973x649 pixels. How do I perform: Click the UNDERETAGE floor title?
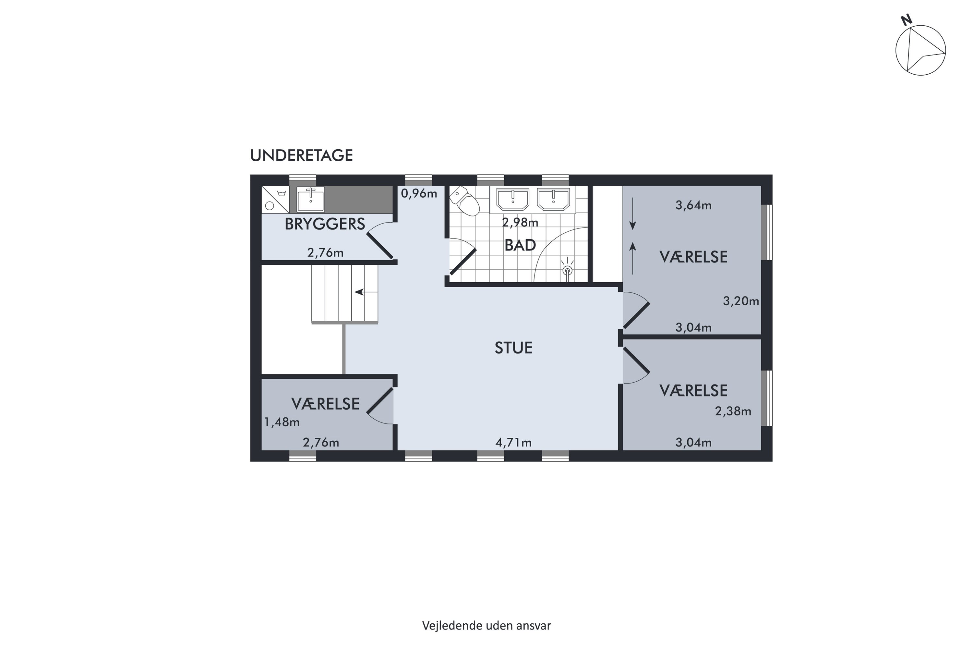301,156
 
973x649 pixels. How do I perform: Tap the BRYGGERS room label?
325,224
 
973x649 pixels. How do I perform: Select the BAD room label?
520,245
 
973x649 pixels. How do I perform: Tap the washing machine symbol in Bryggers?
275,200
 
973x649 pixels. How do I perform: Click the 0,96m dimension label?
419,193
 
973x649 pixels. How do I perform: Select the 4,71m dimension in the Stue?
513,443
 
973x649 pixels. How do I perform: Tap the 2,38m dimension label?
733,411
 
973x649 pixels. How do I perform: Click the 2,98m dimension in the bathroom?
520,222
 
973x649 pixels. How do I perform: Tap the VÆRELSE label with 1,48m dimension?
325,404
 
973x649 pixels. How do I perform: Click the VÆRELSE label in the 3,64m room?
693,257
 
